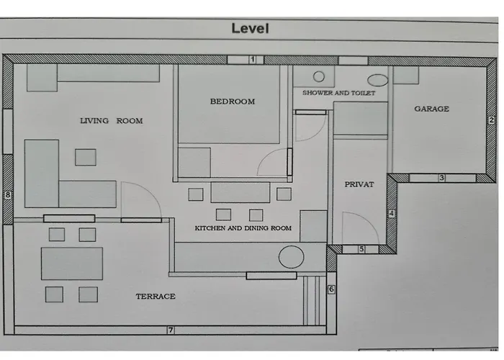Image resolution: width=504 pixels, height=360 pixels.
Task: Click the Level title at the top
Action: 250,28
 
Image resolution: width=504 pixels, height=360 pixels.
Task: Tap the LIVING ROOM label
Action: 111,121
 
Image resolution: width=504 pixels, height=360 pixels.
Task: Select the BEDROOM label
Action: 233,102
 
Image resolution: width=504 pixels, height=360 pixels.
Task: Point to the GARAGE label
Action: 432,109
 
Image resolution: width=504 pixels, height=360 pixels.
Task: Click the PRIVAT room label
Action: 359,184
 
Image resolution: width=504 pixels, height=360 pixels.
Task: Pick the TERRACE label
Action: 156,297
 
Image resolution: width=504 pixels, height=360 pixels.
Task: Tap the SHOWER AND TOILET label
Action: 339,93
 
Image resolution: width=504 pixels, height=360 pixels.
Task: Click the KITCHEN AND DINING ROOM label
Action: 243,228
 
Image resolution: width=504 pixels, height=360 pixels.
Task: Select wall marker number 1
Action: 253,60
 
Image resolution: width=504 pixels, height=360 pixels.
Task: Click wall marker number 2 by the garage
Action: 492,120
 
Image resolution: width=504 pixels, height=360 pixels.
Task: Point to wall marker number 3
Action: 441,178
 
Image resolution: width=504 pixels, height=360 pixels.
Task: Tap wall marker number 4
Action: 392,213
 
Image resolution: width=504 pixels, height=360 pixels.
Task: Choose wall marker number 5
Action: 361,249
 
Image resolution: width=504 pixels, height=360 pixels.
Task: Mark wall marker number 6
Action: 331,289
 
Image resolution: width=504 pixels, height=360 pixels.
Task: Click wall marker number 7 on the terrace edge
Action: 171,330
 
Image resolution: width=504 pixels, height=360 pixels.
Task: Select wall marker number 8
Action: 8,195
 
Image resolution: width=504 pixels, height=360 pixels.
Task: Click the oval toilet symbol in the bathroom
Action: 378,81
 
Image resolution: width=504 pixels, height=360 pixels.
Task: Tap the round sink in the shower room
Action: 319,76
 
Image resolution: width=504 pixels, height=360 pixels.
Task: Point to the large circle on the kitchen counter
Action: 291,257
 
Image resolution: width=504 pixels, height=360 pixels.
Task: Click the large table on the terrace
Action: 72,264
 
